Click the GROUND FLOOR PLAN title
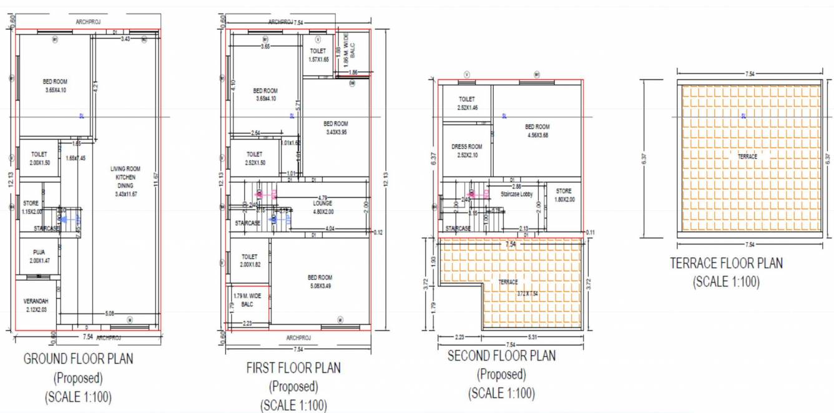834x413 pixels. [78, 359]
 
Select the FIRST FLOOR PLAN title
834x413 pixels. [293, 368]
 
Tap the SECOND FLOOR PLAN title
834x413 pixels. [501, 356]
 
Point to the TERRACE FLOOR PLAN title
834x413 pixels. [726, 263]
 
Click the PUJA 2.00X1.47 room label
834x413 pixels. [39, 256]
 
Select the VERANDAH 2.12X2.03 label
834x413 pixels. [36, 305]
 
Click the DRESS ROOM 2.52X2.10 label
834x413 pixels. [466, 151]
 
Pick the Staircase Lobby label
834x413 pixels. [516, 195]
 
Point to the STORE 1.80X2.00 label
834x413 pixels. [564, 195]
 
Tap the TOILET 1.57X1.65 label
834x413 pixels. [318, 56]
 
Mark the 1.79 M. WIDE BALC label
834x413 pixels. [247, 299]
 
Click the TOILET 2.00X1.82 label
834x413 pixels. [249, 261]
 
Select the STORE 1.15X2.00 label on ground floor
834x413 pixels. [31, 207]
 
